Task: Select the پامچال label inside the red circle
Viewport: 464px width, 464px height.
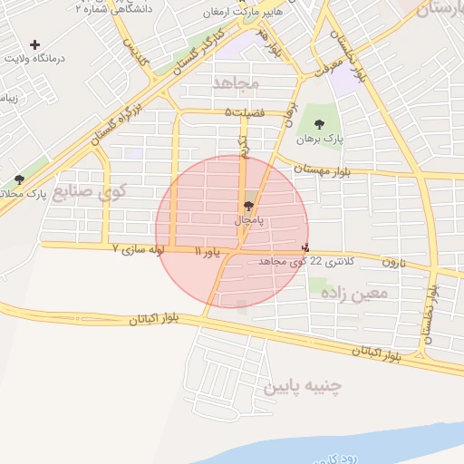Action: tap(248, 220)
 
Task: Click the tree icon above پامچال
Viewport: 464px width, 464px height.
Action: tap(249, 207)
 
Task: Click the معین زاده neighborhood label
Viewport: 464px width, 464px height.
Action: tap(360, 293)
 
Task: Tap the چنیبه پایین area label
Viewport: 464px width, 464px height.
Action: tap(303, 387)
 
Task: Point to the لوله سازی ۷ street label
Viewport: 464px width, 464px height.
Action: tap(137, 247)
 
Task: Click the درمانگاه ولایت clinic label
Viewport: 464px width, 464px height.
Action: tap(35, 58)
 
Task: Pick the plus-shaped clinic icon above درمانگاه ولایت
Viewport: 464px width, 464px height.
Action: tap(35, 44)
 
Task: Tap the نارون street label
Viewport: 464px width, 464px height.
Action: tap(391, 262)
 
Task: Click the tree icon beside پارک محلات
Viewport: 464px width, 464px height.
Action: tap(20, 179)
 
